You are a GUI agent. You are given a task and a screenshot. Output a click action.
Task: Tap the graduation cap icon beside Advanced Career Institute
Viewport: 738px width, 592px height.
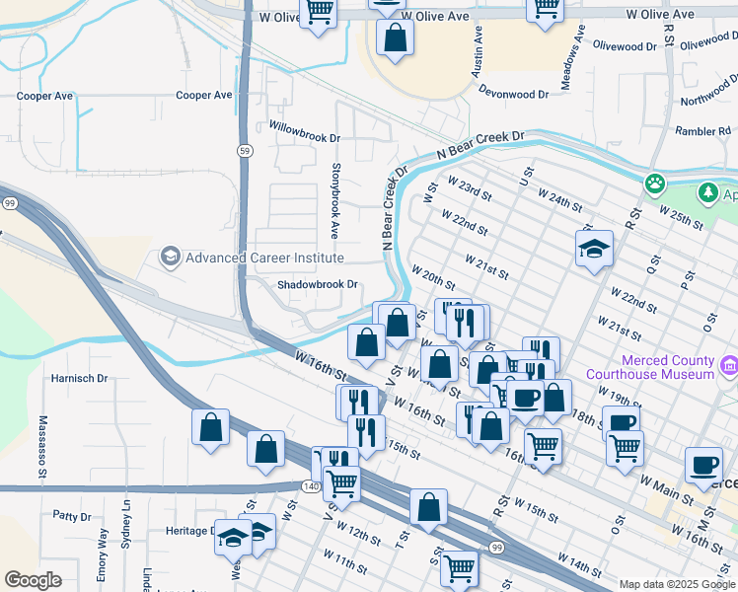[170, 258]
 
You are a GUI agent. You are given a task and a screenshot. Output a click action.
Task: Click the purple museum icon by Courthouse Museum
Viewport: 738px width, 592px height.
[729, 367]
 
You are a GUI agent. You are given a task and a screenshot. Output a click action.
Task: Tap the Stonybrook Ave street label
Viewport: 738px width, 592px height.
[335, 202]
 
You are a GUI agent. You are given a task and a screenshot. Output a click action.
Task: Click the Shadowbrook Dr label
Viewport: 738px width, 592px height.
[316, 284]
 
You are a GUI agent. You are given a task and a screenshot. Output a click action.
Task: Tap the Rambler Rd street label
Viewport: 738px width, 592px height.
[701, 131]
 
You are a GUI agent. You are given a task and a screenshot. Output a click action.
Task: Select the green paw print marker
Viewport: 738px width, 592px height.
[653, 184]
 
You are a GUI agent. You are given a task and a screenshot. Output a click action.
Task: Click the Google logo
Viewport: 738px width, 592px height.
[33, 580]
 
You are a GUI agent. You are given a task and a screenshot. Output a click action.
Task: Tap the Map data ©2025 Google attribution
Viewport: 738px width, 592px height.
[677, 584]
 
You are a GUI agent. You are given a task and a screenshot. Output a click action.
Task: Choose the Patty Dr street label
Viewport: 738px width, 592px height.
[72, 516]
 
